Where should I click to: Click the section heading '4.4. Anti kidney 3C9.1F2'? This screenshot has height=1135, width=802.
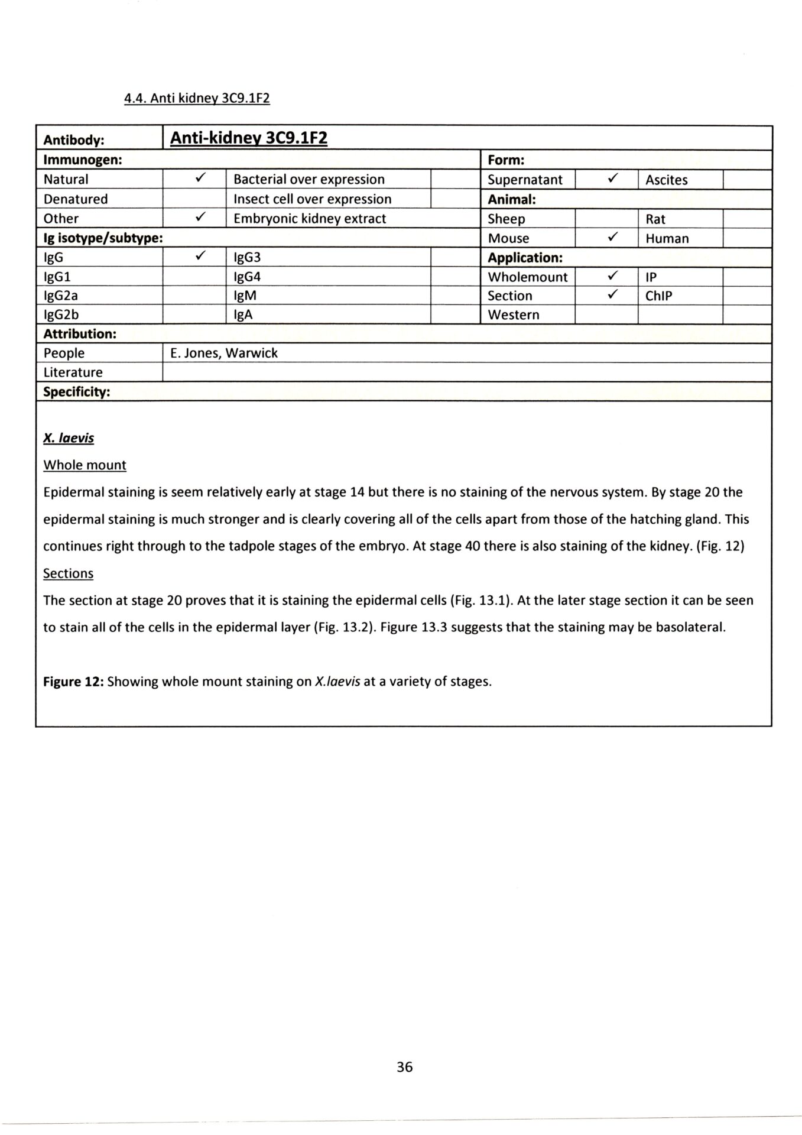tap(197, 98)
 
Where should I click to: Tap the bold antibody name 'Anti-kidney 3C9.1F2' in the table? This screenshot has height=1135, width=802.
tap(249, 138)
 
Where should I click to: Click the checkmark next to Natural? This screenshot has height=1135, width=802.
tap(201, 178)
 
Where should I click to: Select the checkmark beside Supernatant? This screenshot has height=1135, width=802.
tap(613, 179)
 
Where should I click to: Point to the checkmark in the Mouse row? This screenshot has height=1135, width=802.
tap(613, 238)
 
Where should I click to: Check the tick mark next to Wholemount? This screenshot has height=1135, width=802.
tap(613, 276)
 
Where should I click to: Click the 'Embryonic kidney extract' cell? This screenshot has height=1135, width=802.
tap(310, 218)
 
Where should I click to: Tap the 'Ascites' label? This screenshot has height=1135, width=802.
tap(666, 180)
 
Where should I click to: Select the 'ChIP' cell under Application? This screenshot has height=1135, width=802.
tap(658, 296)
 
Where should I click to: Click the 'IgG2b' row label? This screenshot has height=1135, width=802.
tap(61, 314)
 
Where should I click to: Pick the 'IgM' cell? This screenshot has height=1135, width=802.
tap(245, 296)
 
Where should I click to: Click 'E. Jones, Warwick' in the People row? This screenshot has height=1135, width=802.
tap(224, 353)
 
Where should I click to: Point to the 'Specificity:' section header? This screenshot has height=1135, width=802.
tap(77, 392)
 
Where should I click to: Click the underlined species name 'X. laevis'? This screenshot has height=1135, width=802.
tap(69, 438)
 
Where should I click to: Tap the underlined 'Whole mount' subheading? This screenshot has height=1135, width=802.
tap(85, 465)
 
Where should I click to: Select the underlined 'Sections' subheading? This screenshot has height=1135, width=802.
tap(68, 573)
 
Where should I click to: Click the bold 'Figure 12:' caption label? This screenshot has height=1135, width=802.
tap(73, 682)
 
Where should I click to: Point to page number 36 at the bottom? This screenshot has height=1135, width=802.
tap(405, 1067)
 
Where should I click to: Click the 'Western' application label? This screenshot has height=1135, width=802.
tap(513, 314)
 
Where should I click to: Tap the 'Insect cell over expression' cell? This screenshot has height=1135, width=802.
tap(313, 199)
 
